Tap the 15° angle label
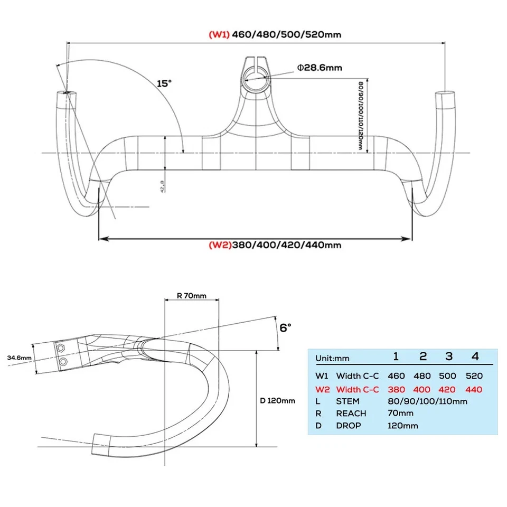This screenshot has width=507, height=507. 164,83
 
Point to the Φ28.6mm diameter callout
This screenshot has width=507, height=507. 319,67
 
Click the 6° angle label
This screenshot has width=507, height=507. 285,328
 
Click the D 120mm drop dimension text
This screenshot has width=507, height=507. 277,400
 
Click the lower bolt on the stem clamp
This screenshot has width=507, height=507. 63,361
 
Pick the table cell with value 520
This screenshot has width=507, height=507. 474,376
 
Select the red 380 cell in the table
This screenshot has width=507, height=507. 396,390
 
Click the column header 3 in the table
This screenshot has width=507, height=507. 449,356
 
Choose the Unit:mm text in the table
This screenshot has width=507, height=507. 333,358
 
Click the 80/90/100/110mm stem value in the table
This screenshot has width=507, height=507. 427,401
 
